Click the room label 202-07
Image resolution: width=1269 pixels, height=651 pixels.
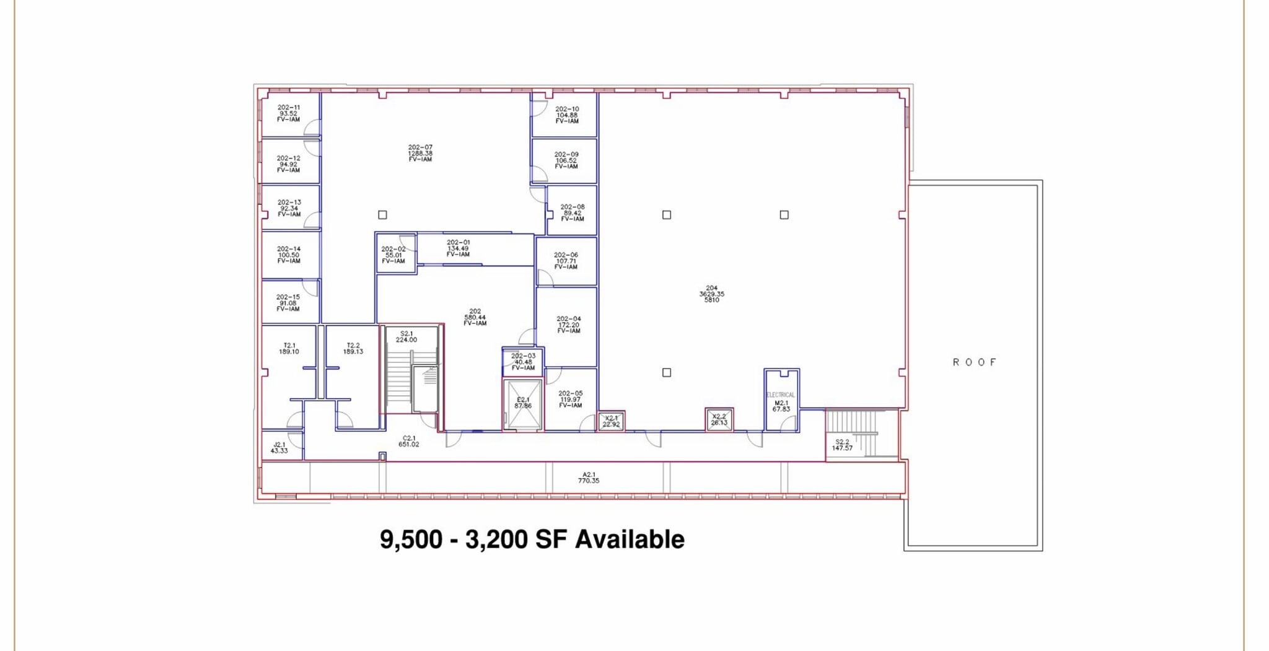point(420,153)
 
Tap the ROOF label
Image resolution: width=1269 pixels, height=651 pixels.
point(974,362)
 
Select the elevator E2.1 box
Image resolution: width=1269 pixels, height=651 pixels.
point(523,404)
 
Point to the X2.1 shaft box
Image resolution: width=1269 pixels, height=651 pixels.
point(611,421)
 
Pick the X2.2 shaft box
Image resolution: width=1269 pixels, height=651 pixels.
point(719,419)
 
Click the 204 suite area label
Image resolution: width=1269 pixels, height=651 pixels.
point(711,294)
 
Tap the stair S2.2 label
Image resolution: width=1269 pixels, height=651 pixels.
point(842,445)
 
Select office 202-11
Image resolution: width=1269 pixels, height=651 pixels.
point(289,113)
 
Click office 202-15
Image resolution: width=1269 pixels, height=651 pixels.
point(288,303)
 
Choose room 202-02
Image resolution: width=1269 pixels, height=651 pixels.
point(394,255)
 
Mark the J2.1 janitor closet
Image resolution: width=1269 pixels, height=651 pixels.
point(280,447)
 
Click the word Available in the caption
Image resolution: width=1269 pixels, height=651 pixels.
point(630,539)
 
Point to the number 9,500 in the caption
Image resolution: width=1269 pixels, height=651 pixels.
point(411,539)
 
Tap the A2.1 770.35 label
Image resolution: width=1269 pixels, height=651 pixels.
point(588,478)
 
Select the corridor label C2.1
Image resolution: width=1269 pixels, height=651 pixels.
point(408,441)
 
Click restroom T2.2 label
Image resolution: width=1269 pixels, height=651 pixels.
point(353,348)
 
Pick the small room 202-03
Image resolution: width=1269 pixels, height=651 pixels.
point(523,362)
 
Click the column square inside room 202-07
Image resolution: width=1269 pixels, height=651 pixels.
point(382,215)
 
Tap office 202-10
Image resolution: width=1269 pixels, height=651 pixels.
point(566,115)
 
